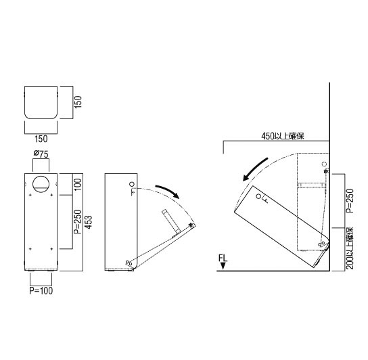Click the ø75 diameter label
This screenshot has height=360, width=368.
pos(41,154)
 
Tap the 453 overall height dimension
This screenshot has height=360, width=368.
pos(89,222)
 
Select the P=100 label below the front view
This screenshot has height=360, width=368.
pos(41,290)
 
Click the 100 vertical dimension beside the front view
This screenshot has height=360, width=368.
pos(78,185)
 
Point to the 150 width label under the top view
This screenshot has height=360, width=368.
pos(41,139)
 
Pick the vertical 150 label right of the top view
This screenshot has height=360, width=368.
pos(78,102)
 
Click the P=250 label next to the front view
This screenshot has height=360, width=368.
pos(78,222)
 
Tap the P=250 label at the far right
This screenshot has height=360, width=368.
pos(350,201)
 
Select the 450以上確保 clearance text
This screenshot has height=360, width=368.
pos(283,136)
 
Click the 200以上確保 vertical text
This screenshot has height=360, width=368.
pos(350,248)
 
